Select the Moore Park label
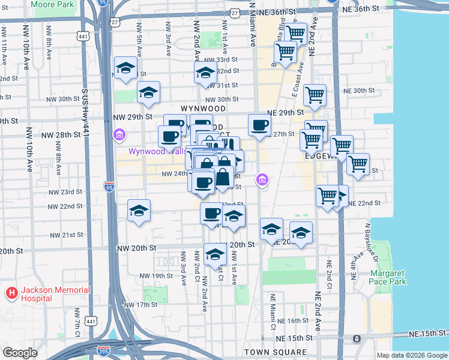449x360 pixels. [52, 4]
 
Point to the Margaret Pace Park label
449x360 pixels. [388, 277]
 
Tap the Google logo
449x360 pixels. [20, 353]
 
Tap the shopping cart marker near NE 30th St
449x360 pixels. [315, 94]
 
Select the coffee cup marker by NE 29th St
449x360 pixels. [259, 125]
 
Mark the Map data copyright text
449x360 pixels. [412, 355]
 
